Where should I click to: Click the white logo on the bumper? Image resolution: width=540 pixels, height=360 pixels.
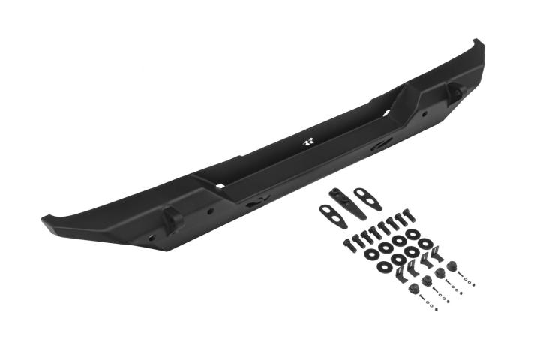[x=307, y=141]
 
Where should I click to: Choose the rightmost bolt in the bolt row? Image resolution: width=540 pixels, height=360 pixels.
[x=409, y=218]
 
